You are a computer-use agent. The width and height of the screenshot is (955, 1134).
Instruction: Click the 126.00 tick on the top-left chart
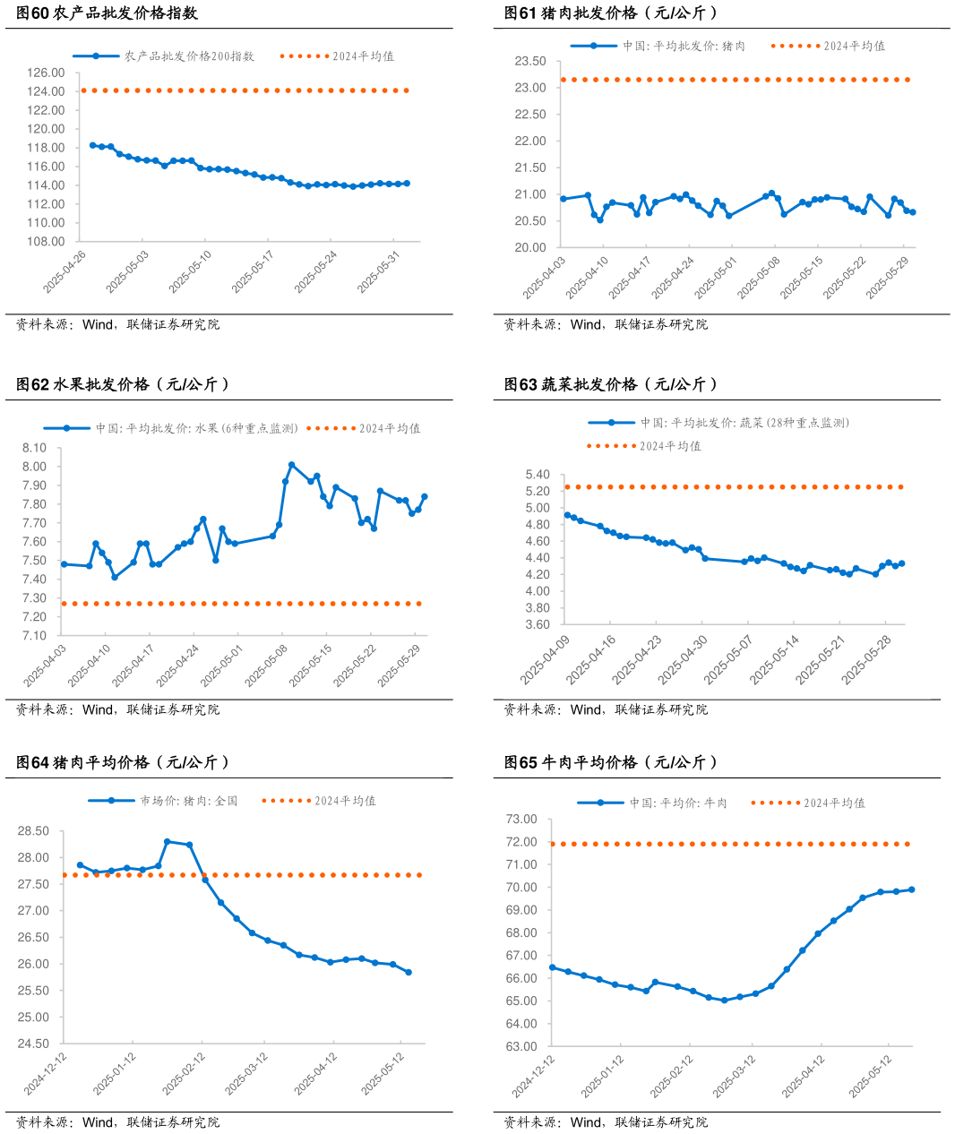pos(46,73)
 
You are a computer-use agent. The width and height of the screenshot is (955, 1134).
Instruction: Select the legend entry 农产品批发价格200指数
pos(189,56)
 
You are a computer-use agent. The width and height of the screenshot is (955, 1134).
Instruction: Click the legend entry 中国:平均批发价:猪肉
pos(684,46)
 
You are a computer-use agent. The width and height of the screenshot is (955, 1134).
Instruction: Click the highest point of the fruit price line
pos(292,465)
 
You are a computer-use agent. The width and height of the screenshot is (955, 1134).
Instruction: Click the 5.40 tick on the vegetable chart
pos(538,475)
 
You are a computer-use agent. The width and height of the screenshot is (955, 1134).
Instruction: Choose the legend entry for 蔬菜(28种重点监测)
pos(744,423)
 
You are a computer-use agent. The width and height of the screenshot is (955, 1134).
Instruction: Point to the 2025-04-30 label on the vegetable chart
pos(683,660)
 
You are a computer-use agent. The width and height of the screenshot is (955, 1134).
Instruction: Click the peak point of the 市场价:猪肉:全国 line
pos(168,842)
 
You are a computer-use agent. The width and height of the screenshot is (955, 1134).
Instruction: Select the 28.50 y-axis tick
pos(33,831)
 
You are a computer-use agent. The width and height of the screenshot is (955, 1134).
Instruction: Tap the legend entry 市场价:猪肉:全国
pos(188,801)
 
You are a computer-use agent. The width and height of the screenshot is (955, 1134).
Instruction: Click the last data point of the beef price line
pos(911,889)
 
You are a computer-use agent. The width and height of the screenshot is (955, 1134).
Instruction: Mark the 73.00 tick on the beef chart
pos(521,819)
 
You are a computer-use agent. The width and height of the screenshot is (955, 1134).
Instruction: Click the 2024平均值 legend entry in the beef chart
pos(834,803)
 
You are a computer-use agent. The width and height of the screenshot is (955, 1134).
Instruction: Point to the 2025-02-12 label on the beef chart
pos(671,1076)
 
